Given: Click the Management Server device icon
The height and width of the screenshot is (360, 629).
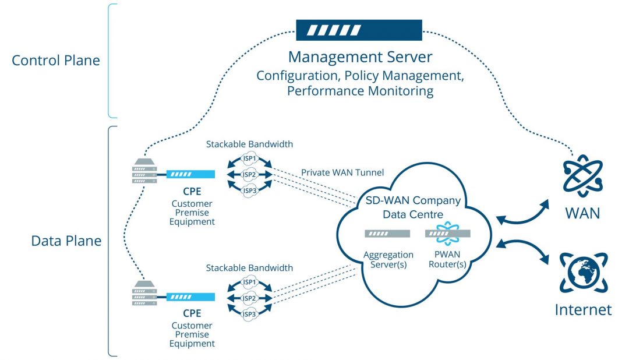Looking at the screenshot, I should (359, 30).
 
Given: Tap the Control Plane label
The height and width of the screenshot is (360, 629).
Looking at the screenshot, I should (56, 61).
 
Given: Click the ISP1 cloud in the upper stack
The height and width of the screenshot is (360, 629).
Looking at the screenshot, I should (250, 160).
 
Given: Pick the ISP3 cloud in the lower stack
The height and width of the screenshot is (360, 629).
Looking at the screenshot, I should (250, 315).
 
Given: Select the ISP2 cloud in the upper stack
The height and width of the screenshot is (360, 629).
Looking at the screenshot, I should (250, 174).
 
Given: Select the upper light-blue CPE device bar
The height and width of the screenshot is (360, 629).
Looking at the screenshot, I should (190, 174).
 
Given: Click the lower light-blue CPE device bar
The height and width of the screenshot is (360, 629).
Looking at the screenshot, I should (190, 297).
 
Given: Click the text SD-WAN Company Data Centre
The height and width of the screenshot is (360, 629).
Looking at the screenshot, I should (413, 207).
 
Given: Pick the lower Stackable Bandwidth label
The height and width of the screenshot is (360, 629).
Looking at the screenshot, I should (249, 268).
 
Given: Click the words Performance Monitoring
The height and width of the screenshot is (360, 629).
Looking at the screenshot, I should (360, 91).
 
